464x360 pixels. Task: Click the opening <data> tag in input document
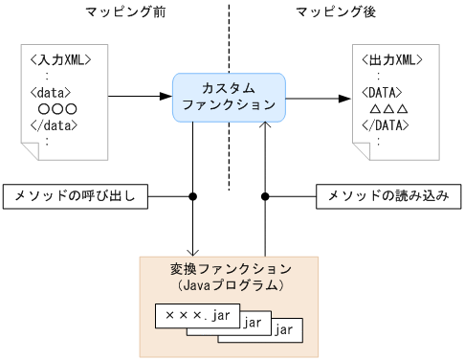click(x=50, y=94)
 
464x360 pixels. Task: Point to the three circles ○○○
click(x=57, y=110)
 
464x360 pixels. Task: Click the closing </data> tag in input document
click(x=53, y=125)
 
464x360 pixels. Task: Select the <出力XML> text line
click(x=393, y=61)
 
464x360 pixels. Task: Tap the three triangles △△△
click(x=389, y=110)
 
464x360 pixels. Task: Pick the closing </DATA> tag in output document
click(x=387, y=125)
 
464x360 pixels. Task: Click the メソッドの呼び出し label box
click(x=76, y=196)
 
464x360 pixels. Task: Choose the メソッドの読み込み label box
click(x=387, y=196)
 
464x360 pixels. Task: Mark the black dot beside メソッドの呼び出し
click(x=194, y=196)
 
